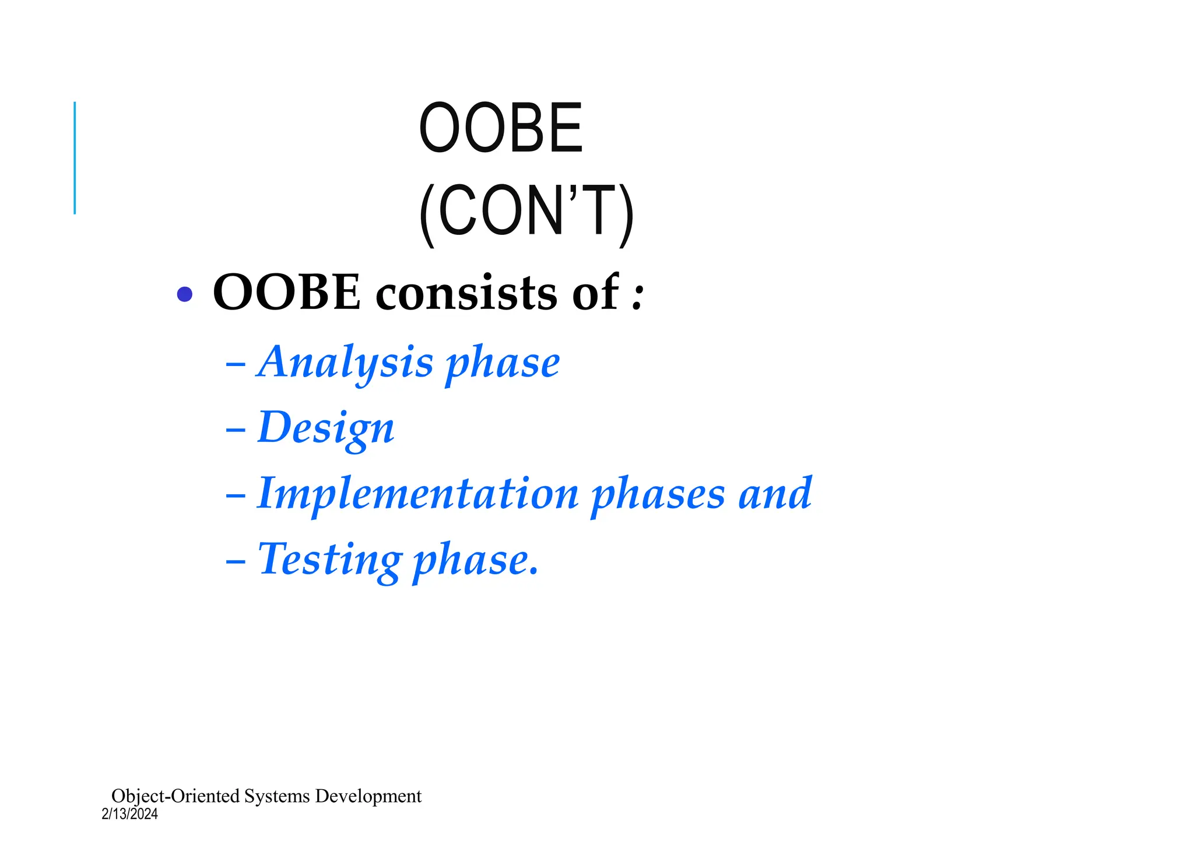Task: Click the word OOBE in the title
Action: click(500, 128)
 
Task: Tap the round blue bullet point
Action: click(184, 294)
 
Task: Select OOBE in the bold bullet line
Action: click(286, 292)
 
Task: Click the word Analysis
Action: click(346, 363)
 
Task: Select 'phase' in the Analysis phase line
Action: click(503, 365)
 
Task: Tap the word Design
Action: click(326, 428)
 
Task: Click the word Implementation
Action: click(417, 494)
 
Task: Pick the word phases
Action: click(658, 495)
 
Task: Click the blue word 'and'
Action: click(775, 494)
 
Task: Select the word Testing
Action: click(330, 560)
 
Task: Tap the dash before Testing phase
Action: click(236, 563)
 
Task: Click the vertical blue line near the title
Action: click(75, 158)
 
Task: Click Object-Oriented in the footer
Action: click(175, 796)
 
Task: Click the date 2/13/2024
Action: click(129, 814)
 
